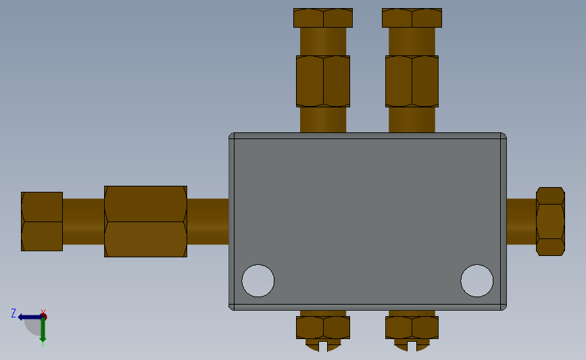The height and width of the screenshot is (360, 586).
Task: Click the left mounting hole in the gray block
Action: [x=258, y=280]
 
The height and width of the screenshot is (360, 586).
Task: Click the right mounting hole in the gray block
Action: [x=477, y=280]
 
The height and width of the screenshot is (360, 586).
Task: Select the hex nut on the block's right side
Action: [x=550, y=221]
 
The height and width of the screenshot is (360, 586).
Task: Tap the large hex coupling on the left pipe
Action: [x=145, y=222]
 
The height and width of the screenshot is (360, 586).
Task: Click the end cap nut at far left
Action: [x=42, y=222]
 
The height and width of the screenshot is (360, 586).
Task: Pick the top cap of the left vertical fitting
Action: [x=323, y=18]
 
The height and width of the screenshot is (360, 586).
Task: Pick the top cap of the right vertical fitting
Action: [x=412, y=18]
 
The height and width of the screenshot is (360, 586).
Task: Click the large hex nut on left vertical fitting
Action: [x=323, y=81]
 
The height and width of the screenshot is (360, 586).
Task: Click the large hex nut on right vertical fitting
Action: [x=412, y=81]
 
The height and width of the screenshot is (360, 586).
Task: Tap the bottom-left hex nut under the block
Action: [x=323, y=328]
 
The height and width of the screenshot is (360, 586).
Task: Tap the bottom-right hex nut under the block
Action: [x=412, y=328]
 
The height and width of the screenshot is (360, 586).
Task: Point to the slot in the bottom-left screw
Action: [x=323, y=346]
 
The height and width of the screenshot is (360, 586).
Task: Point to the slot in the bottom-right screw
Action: [x=412, y=346]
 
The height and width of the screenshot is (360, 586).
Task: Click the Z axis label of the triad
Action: [x=14, y=313]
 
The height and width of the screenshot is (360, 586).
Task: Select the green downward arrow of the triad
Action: [x=43, y=332]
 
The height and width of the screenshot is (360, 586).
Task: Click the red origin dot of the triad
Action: [x=43, y=316]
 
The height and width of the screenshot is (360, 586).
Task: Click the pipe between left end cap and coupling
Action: [x=83, y=222]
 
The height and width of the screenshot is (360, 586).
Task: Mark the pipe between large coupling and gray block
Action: [x=207, y=222]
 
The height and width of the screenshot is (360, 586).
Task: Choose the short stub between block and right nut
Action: [x=520, y=222]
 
